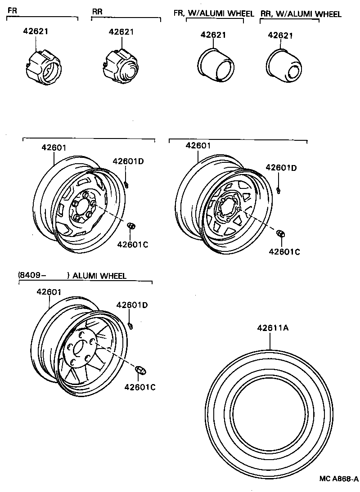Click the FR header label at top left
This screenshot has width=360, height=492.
click(x=12, y=9)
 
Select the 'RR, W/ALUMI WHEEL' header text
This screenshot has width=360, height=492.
click(x=301, y=14)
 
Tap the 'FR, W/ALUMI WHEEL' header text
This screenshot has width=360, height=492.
click(x=214, y=13)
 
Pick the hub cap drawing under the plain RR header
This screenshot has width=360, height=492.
click(x=121, y=66)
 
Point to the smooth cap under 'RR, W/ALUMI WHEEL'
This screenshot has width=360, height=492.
click(x=285, y=65)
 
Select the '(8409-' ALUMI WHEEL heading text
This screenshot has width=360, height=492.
click(x=72, y=275)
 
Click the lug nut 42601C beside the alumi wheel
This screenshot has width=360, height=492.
click(x=140, y=370)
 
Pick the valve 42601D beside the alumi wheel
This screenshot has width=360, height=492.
click(x=130, y=324)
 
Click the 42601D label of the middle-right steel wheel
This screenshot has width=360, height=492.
click(x=281, y=168)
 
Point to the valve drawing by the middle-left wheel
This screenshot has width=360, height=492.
click(x=127, y=183)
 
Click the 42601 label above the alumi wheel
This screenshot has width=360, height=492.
click(x=49, y=292)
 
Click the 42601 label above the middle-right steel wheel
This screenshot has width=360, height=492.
click(x=198, y=145)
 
